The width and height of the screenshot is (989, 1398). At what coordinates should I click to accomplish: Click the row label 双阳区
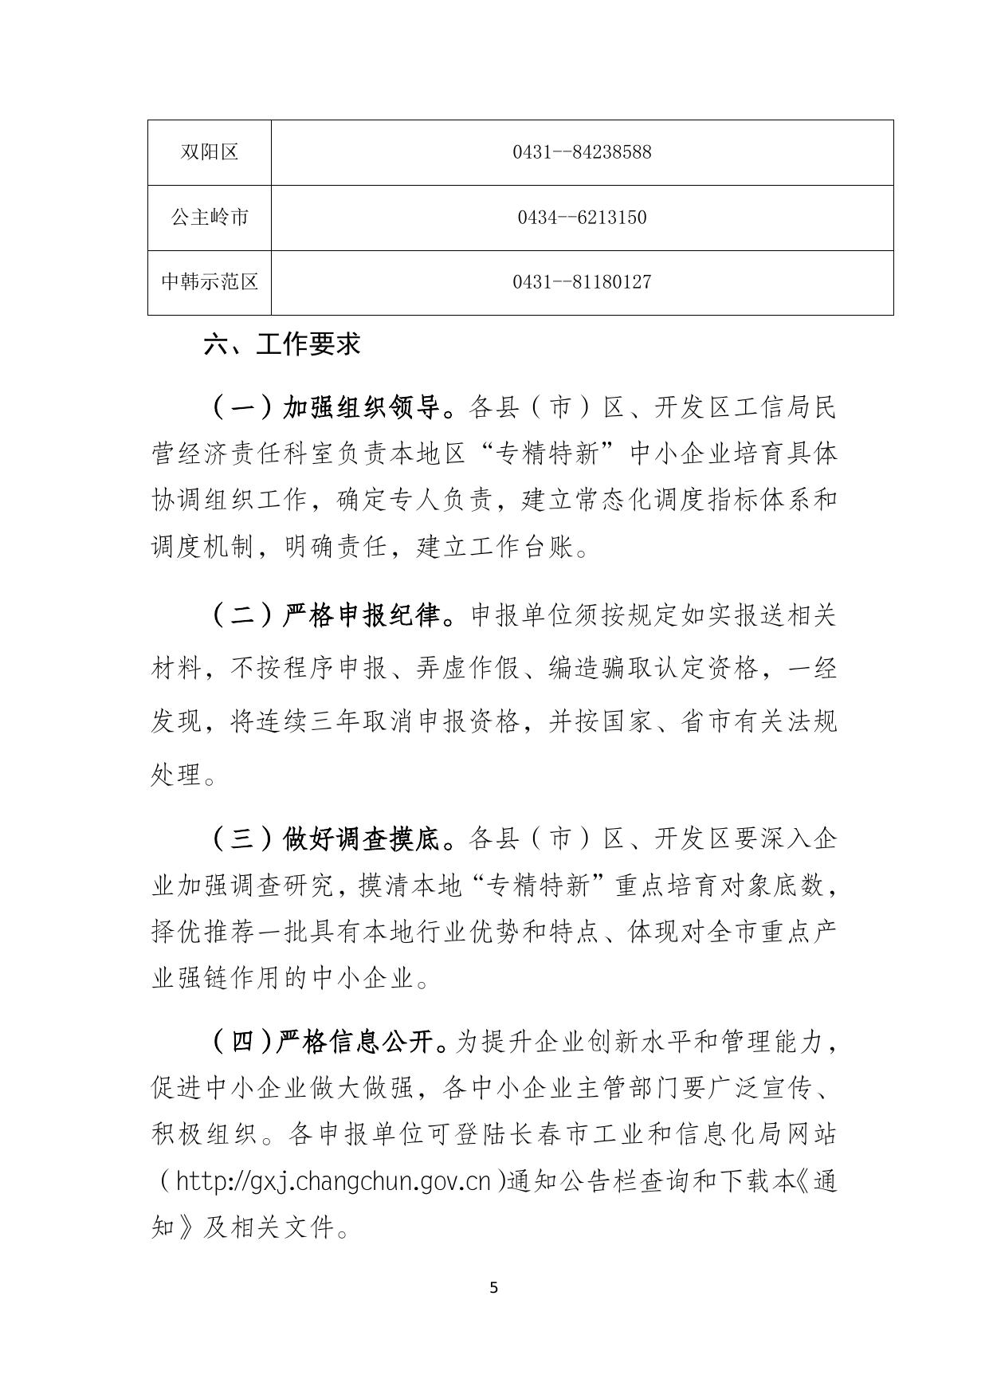coord(210,152)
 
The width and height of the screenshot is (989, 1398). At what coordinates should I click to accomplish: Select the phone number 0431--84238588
coord(582,152)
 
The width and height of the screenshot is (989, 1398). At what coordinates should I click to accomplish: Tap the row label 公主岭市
coord(210,218)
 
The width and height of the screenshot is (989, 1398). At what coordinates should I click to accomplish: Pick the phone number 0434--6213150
coord(582,218)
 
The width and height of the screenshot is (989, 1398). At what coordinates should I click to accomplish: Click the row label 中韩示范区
coord(210,282)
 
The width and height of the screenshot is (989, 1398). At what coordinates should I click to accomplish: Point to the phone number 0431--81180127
coord(582,282)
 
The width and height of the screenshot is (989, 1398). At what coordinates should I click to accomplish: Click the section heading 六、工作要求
coord(282,344)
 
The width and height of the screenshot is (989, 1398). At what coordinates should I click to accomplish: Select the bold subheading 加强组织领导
coord(362,409)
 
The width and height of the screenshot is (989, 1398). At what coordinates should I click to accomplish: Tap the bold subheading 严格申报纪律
coord(362,616)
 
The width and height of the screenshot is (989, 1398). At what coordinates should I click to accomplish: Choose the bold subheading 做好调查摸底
coord(362,839)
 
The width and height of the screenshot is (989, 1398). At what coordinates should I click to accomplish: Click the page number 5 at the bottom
coord(494,1288)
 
